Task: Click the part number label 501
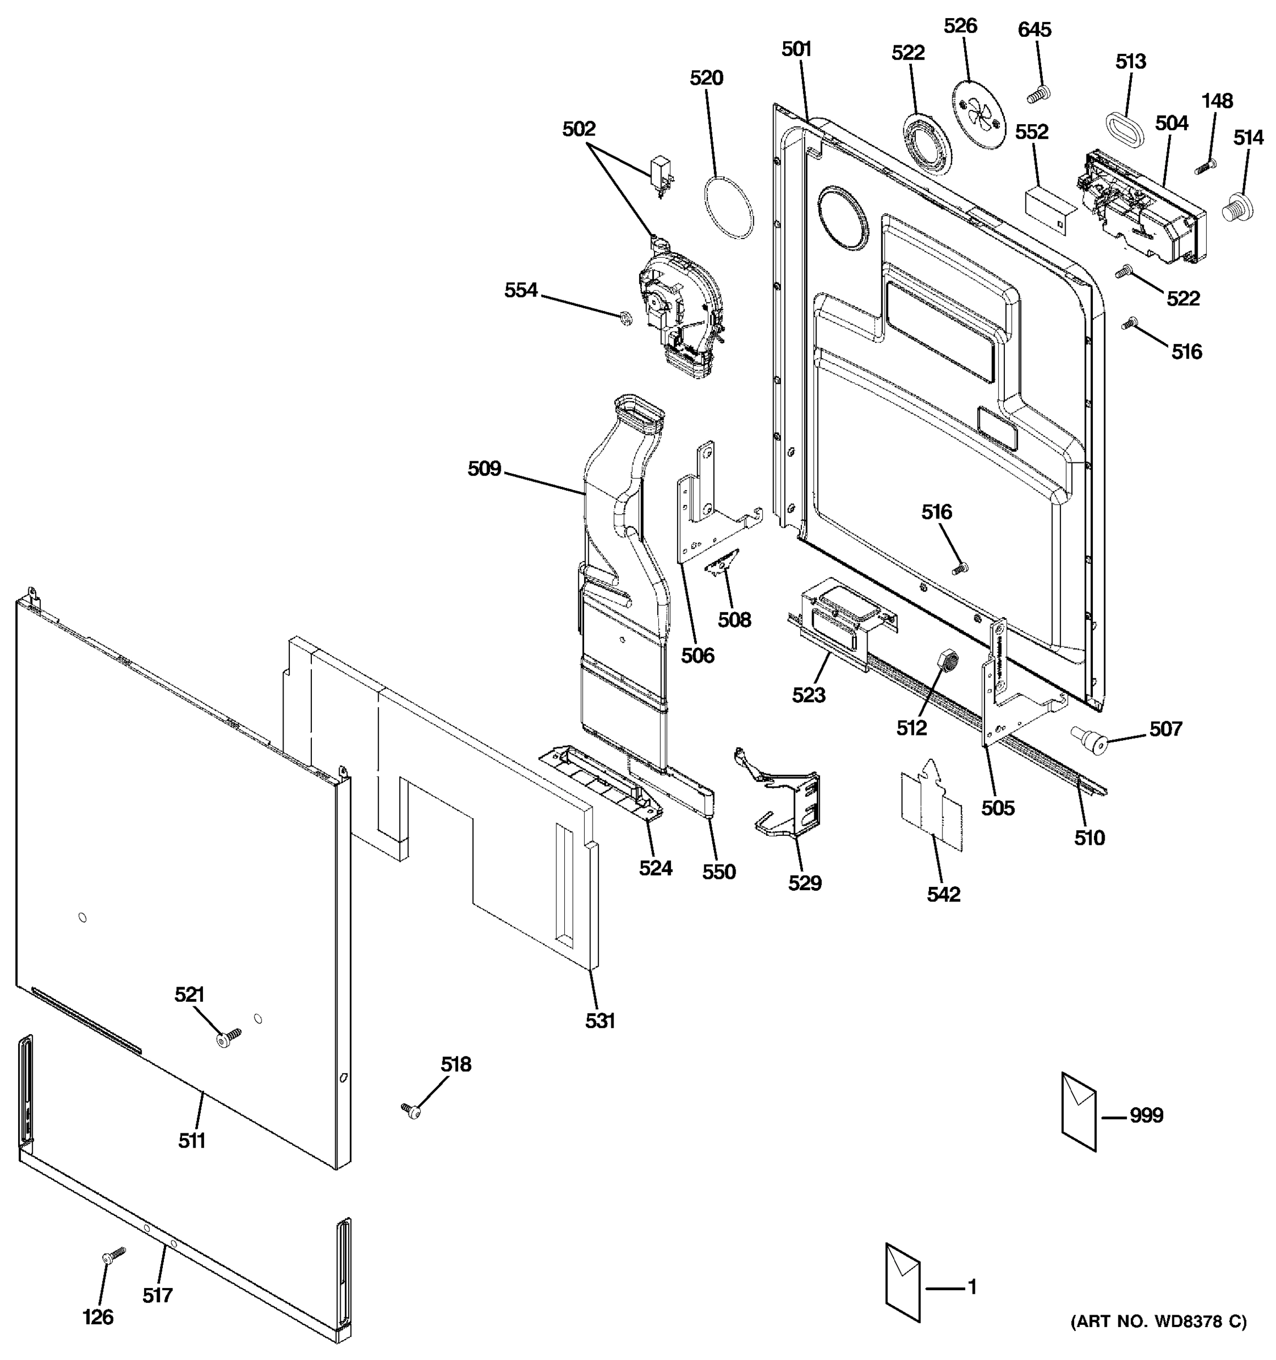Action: tap(796, 49)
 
